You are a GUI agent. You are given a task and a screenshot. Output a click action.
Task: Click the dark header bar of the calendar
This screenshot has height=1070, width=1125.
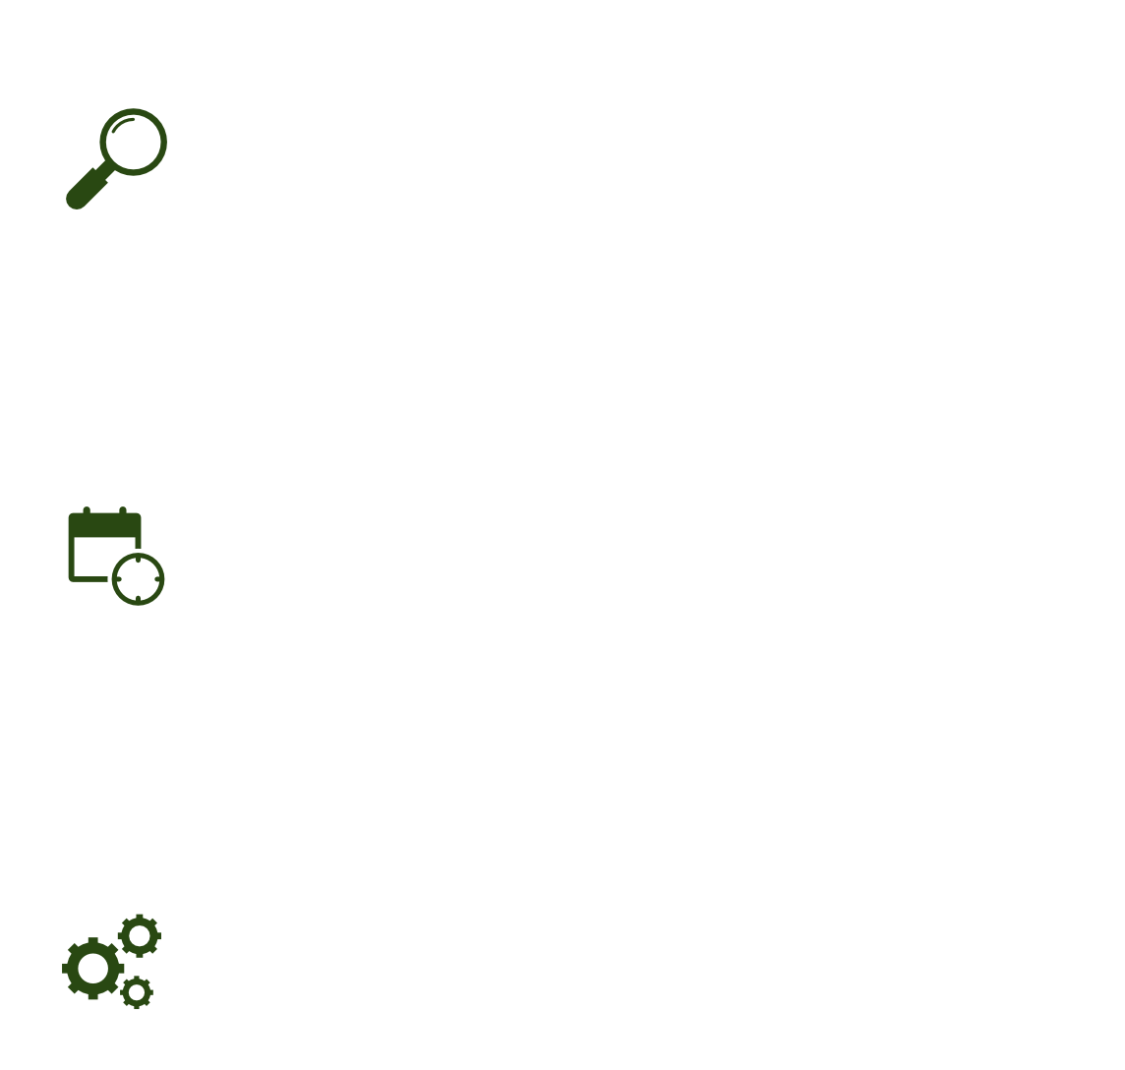(x=104, y=526)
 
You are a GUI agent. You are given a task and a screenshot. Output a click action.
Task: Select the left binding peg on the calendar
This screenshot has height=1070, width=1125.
(x=87, y=511)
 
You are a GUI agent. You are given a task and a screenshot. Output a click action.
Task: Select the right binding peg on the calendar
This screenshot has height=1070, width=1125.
(x=123, y=511)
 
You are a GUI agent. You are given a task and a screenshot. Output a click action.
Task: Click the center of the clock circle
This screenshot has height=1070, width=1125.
(x=138, y=578)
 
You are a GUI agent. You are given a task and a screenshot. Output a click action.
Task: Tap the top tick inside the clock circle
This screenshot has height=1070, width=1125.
(x=138, y=560)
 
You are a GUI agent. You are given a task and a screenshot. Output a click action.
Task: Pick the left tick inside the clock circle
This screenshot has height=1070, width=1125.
(x=119, y=578)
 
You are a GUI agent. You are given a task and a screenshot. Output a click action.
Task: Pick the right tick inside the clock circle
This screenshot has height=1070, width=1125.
(x=156, y=578)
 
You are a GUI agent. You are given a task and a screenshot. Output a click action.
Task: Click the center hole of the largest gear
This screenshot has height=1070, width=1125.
(x=92, y=969)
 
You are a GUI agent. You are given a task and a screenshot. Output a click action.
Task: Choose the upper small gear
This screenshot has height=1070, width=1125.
(x=140, y=936)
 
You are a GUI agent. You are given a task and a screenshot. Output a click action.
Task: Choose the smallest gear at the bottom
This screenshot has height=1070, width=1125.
(x=137, y=992)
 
